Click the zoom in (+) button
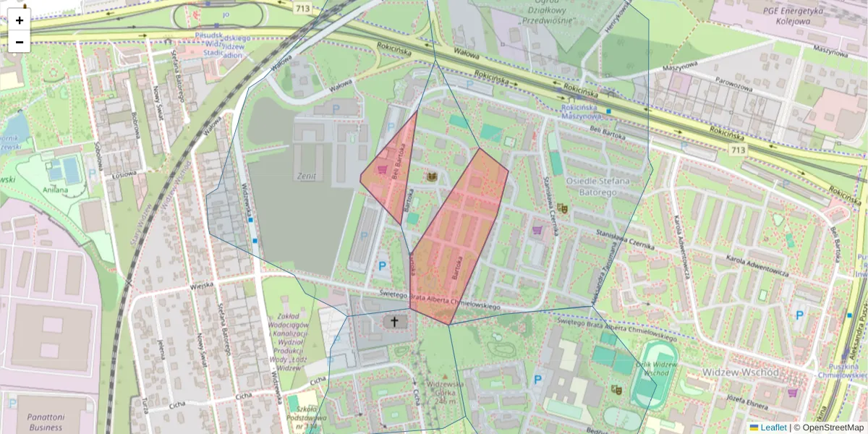[x=20, y=20]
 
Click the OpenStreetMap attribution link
[x=832, y=427]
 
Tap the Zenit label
[x=306, y=176]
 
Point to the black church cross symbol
[x=394, y=322]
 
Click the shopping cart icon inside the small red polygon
[x=381, y=169]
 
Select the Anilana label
[x=55, y=190]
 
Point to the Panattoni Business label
[x=45, y=422]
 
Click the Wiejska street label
[x=202, y=285]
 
